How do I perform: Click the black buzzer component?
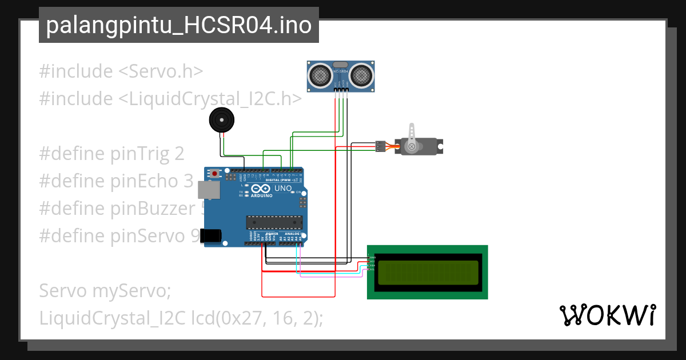pos(221,121)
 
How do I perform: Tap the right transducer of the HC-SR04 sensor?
pos(362,75)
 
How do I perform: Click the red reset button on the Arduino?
pos(214,173)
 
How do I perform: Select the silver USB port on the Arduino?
pos(208,190)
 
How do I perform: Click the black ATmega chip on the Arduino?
pos(274,221)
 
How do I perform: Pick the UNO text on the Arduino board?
pos(283,189)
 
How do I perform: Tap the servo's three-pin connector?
pos(379,146)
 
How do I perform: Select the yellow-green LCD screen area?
pos(428,272)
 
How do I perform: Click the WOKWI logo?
pos(607,315)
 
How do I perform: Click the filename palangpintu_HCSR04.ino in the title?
pos(178,26)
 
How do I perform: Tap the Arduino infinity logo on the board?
pos(260,189)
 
